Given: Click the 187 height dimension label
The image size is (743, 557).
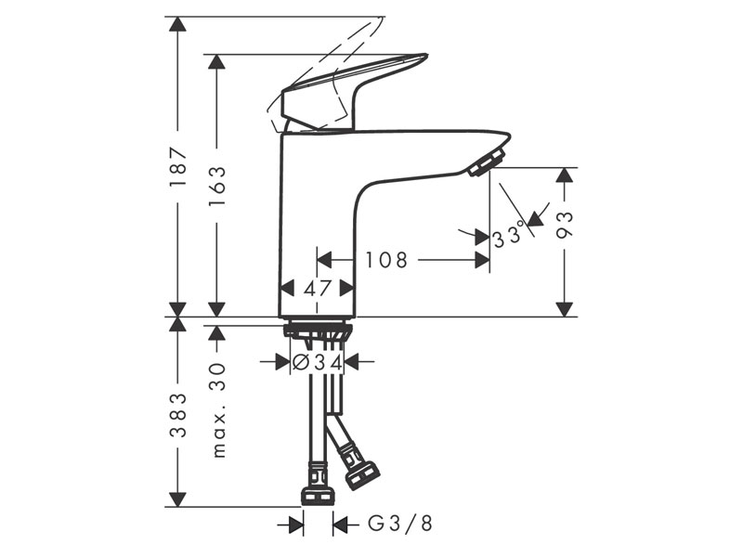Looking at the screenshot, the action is [x=177, y=167].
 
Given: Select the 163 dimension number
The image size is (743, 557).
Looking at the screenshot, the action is [x=217, y=185].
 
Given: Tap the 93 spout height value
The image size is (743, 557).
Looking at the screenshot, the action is [x=565, y=225].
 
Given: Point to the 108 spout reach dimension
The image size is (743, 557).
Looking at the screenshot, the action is [x=386, y=260].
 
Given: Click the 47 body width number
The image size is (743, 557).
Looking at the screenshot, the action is [x=317, y=288].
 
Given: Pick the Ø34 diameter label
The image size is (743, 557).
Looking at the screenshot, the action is [x=317, y=362].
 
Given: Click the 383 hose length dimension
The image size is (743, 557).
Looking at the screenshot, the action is [x=177, y=415].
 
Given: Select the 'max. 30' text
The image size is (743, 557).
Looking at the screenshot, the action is [x=218, y=410].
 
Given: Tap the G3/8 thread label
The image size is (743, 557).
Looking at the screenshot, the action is [x=400, y=524].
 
